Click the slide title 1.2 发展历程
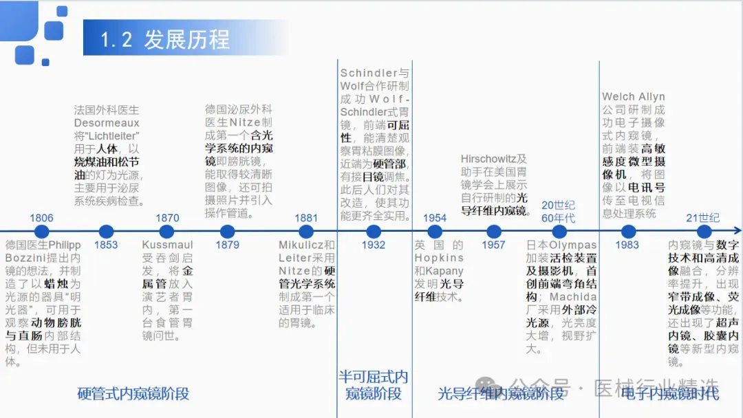click(165, 39)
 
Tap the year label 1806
click(41, 218)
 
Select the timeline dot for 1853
click(106, 232)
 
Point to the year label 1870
click(167, 218)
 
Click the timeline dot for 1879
click(228, 232)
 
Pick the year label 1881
click(306, 218)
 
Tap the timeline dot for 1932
click(374, 232)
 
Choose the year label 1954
click(435, 218)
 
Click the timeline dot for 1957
click(493, 232)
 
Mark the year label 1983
click(627, 245)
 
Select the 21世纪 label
click(702, 218)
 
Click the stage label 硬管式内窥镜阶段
click(133, 394)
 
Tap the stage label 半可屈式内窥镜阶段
click(374, 385)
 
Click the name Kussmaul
click(167, 245)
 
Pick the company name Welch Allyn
click(633, 97)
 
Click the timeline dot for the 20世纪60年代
click(558, 232)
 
